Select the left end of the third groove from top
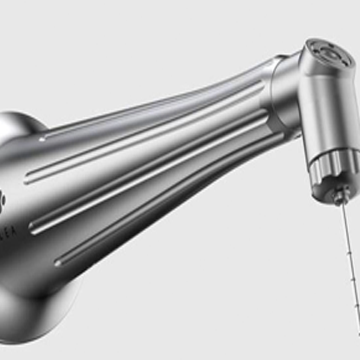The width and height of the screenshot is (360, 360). [x=33, y=228]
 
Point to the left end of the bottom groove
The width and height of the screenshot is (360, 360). [x=58, y=262]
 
